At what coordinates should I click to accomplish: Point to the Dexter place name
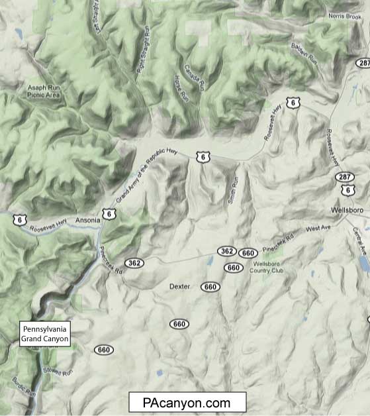[180, 287]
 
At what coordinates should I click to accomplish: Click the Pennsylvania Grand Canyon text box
[45, 334]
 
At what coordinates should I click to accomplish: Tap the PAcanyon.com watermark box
[187, 403]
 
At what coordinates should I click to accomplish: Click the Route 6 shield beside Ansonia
[107, 213]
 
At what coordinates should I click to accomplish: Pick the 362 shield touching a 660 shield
[226, 251]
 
